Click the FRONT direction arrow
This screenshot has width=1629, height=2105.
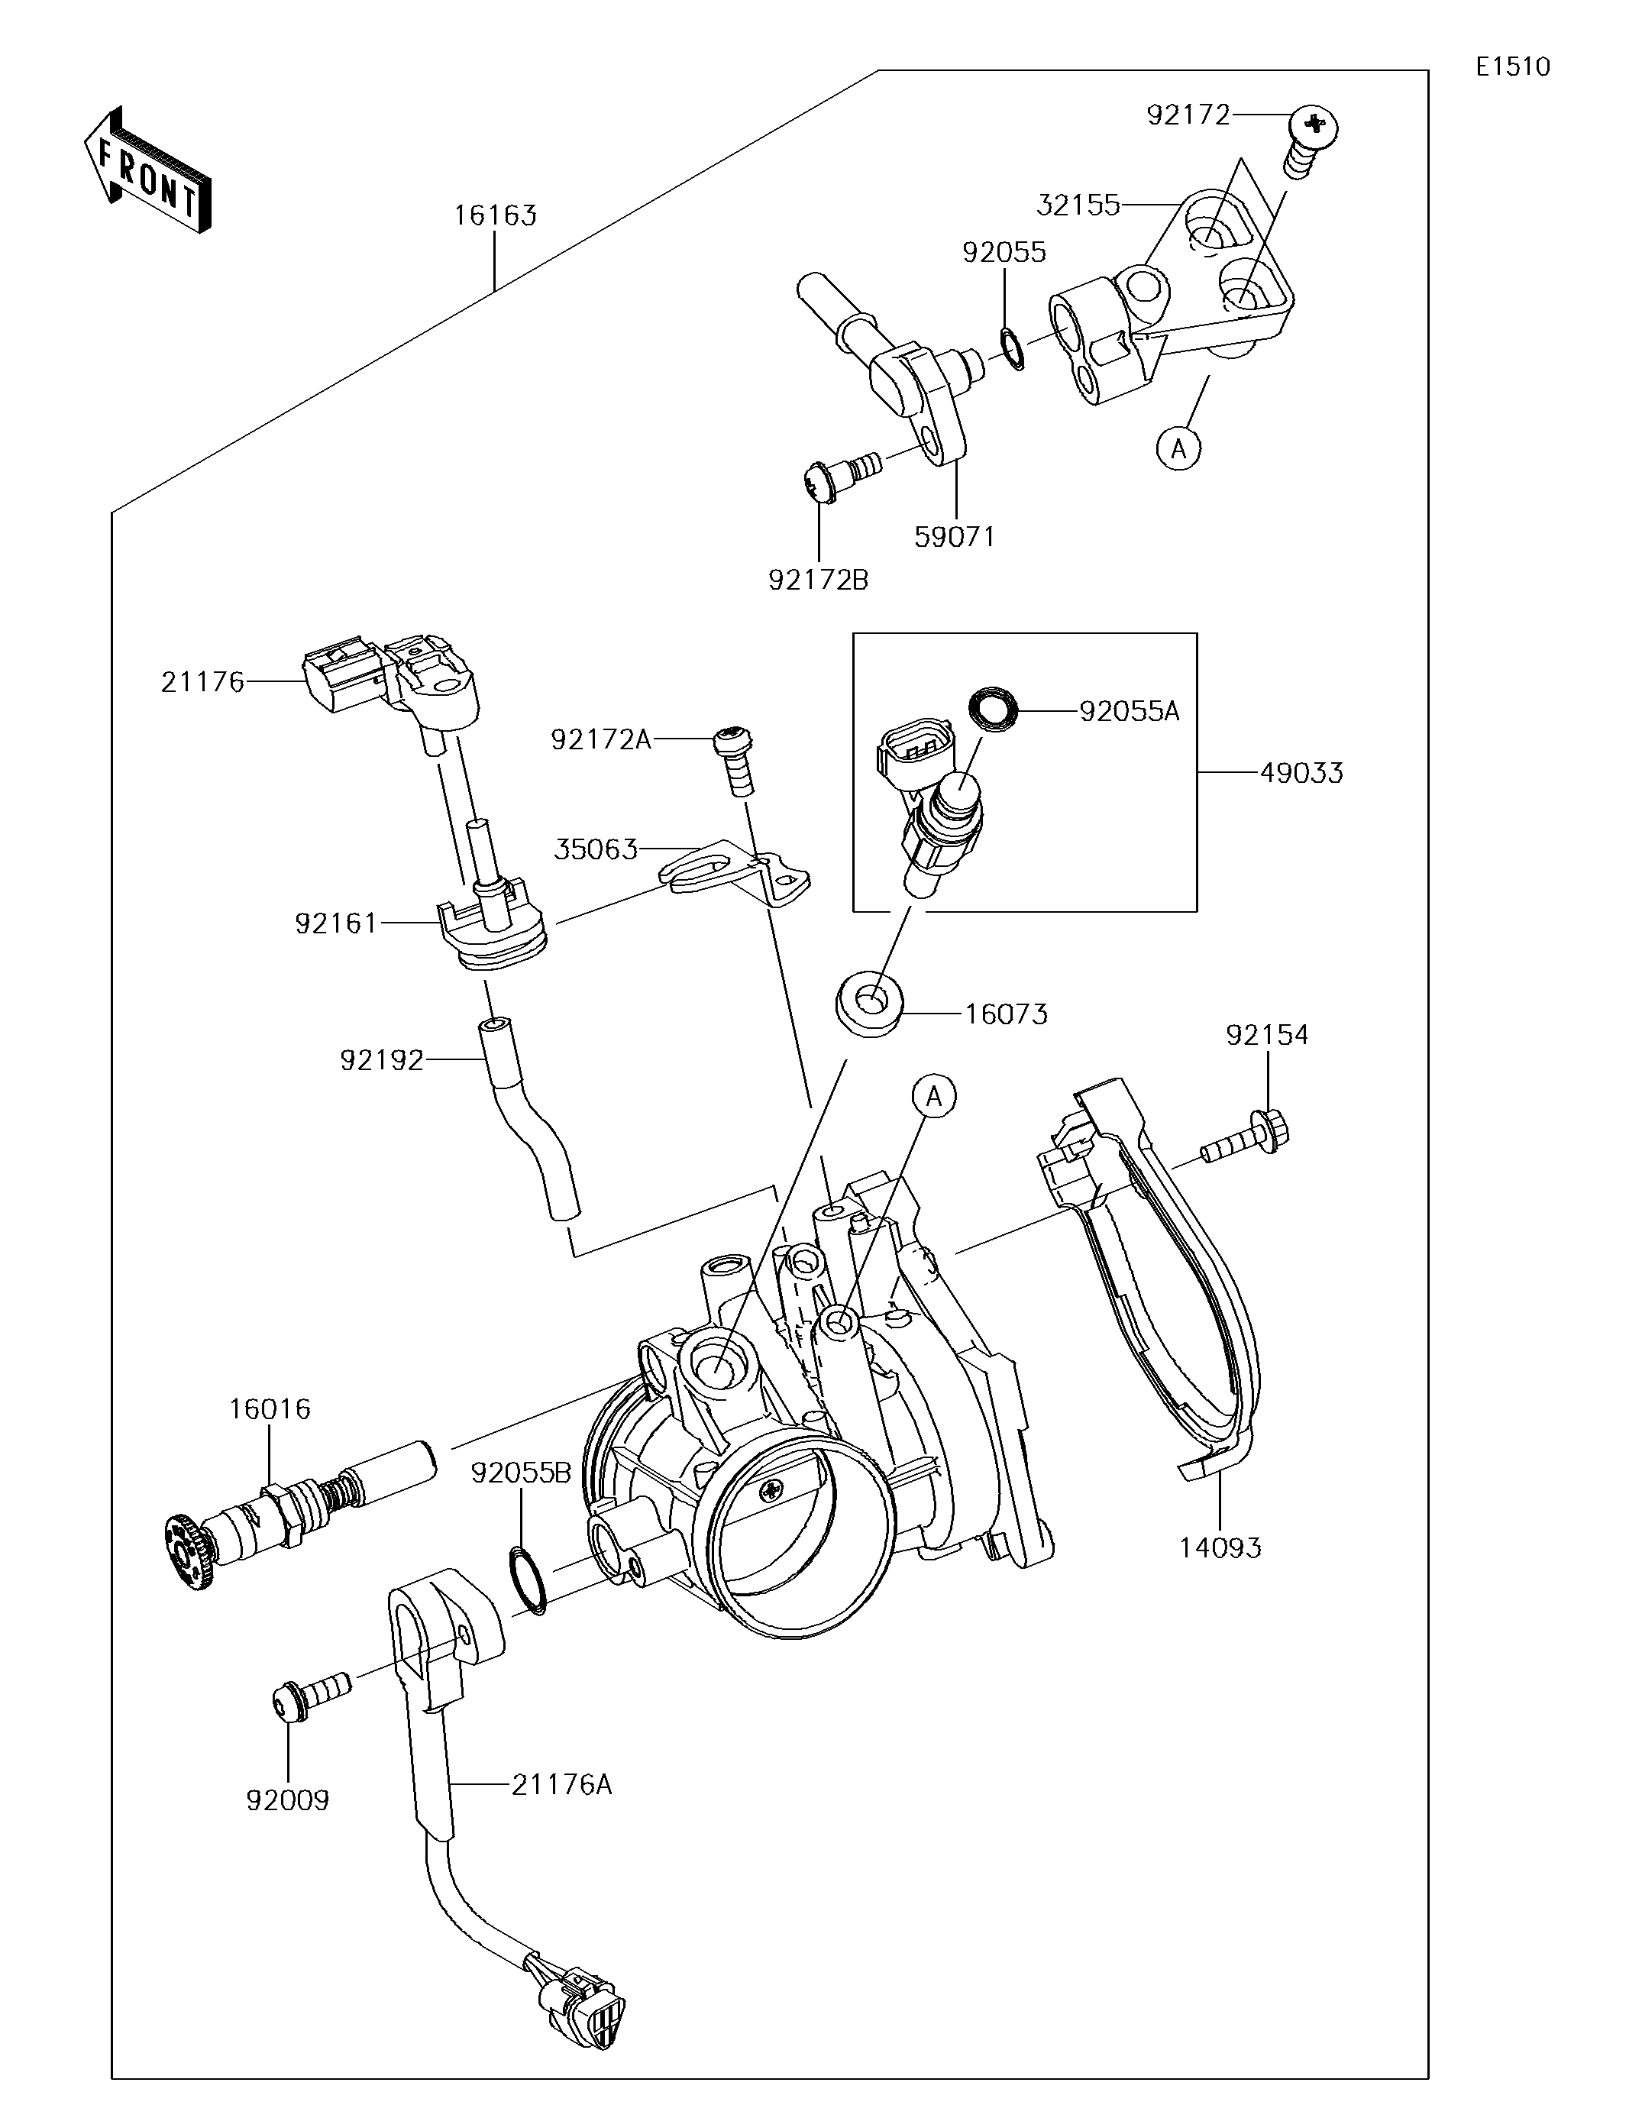click(148, 170)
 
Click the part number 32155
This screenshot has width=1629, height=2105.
click(1078, 205)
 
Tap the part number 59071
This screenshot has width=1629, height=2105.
click(955, 537)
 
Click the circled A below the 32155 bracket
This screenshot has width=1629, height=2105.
click(1179, 448)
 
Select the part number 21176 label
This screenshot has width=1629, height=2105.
click(202, 682)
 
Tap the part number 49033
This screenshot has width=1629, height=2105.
click(1301, 772)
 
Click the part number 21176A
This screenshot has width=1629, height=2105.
click(562, 1786)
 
